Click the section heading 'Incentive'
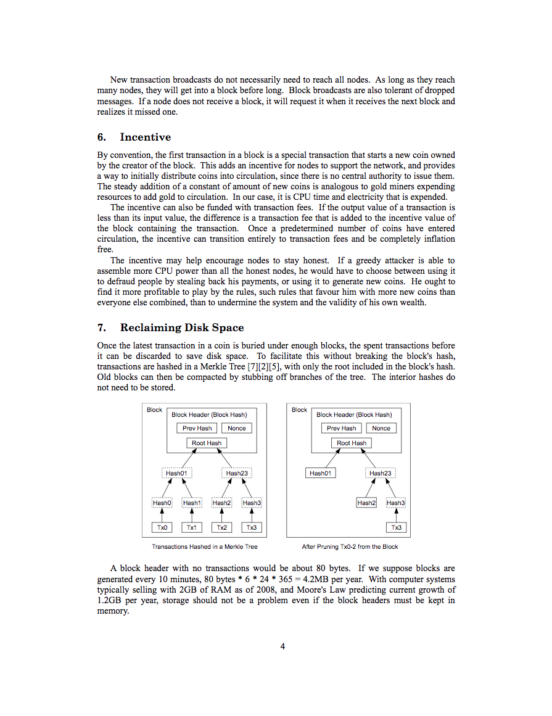(145, 137)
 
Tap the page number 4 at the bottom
(282, 646)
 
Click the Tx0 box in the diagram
(162, 527)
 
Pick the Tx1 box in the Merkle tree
(191, 527)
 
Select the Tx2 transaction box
(221, 527)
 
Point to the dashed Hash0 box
(162, 503)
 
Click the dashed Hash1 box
(191, 503)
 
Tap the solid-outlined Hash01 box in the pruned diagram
(320, 473)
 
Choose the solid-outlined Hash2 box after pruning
(366, 503)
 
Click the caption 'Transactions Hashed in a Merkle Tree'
(205, 546)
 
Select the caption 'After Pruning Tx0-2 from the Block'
(350, 546)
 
